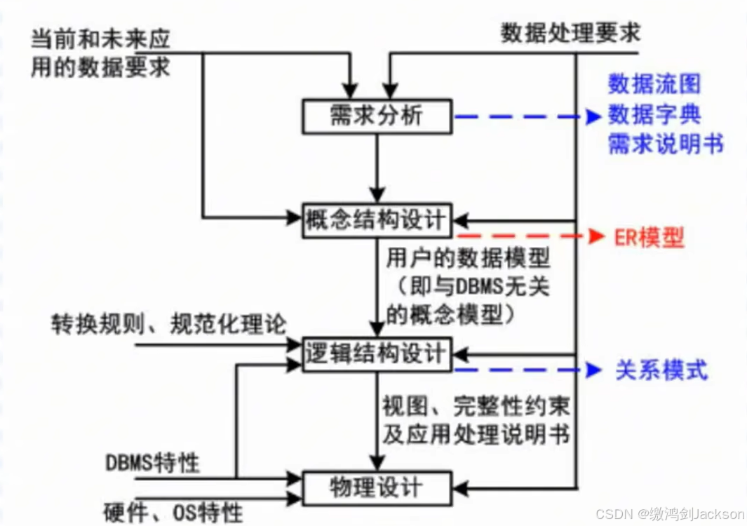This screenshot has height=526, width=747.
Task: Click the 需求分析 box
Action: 377,116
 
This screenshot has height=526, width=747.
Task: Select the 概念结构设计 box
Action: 377,220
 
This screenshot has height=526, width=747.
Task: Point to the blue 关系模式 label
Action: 661,370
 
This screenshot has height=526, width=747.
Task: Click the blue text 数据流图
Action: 654,84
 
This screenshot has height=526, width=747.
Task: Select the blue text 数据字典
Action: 654,114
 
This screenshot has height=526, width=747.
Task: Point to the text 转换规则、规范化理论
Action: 169,324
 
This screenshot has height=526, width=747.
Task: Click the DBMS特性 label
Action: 153,463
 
